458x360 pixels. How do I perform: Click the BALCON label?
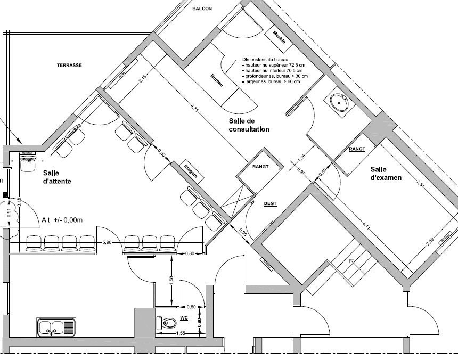tap(202, 9)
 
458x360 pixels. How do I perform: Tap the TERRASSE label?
tap(69, 65)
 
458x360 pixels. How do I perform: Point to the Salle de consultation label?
tap(249, 125)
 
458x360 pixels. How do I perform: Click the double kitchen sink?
tap(56, 326)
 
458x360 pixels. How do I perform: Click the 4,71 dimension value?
tap(195, 111)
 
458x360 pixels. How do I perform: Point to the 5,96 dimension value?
tap(107, 243)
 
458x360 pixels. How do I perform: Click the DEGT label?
tap(271, 204)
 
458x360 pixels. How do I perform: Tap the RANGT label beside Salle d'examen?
tap(357, 149)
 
